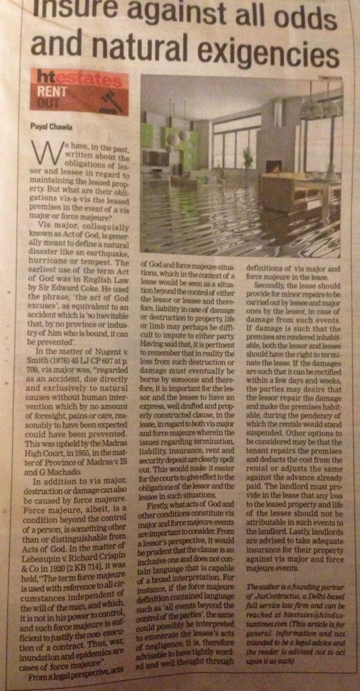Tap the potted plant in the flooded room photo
[x=248, y=157]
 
